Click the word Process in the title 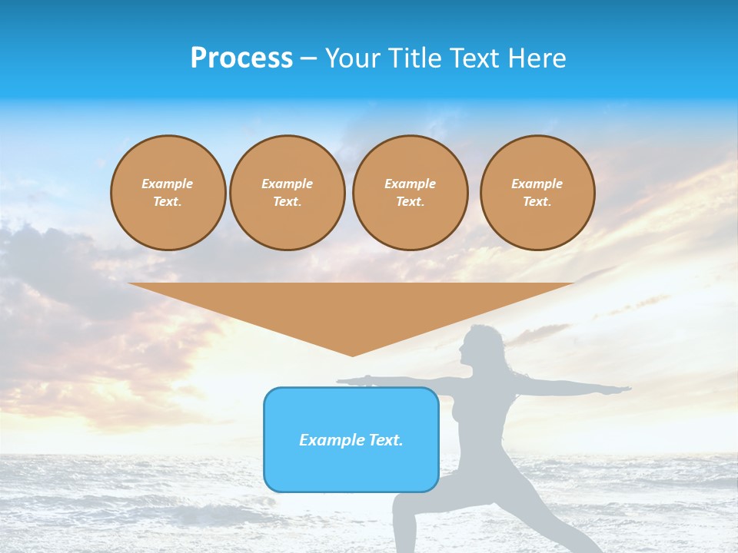point(241,58)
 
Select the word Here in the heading point(536,58)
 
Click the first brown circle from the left point(168,193)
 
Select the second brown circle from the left point(288,193)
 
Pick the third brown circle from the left point(410,193)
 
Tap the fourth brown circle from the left point(537,193)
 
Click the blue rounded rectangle point(351,469)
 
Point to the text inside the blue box point(351,440)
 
